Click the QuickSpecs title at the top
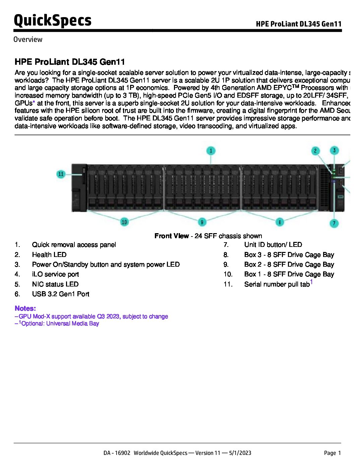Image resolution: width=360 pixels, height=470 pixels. [52, 20]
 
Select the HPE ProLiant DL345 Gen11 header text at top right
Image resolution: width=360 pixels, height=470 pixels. [298, 24]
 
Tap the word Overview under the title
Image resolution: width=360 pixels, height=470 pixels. [28, 40]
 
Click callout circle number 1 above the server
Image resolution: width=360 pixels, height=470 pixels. [211, 151]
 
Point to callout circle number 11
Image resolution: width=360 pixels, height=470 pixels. [61, 174]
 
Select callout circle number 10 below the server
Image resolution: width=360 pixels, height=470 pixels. [124, 222]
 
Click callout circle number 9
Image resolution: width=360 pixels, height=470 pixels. [202, 222]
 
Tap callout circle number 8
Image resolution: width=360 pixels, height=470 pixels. [280, 222]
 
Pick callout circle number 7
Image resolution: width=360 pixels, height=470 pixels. [334, 223]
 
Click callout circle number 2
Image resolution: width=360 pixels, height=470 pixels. [315, 151]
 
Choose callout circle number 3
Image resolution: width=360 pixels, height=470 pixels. [334, 150]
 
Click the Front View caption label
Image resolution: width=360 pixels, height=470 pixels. [172, 236]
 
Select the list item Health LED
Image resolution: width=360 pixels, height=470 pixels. [49, 255]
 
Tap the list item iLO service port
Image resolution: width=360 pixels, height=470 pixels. [55, 274]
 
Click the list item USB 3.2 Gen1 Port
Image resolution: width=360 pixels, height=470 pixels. [61, 294]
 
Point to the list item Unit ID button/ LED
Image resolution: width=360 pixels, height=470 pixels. [273, 245]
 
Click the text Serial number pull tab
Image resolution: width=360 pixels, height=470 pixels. [277, 284]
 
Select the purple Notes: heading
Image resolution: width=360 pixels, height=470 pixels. [25, 308]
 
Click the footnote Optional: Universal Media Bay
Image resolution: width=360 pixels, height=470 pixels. [60, 324]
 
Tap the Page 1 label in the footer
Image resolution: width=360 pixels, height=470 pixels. [332, 453]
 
